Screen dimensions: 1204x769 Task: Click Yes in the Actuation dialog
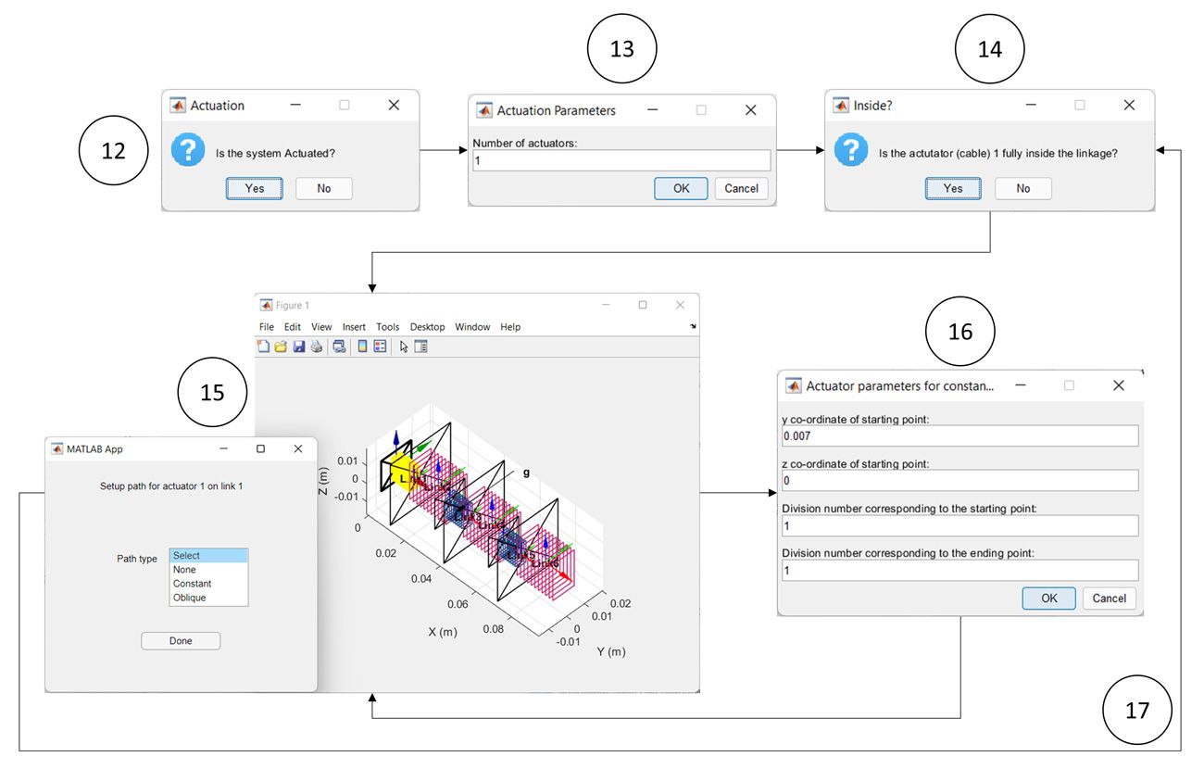tap(254, 188)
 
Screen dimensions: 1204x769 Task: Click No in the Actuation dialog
tap(323, 188)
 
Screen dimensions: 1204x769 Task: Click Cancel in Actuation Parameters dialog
tap(741, 188)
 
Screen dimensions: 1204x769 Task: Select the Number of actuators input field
tap(621, 161)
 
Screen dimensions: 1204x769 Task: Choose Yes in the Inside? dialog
tap(953, 188)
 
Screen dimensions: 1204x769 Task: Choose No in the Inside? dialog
tap(1022, 188)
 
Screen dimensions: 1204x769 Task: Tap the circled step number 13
tap(621, 48)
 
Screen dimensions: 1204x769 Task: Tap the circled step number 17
tap(1136, 711)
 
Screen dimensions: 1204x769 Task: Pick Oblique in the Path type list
tap(189, 598)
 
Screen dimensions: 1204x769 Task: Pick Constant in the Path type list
tap(192, 584)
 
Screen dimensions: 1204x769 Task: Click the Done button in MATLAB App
tap(181, 641)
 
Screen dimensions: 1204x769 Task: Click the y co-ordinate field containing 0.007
tap(959, 435)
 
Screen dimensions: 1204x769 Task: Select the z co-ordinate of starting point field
tap(959, 480)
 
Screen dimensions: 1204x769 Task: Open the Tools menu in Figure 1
tap(387, 327)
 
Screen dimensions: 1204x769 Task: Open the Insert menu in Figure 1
tap(354, 327)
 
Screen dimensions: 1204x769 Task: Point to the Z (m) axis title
tap(323, 480)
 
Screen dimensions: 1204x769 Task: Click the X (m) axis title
tap(444, 631)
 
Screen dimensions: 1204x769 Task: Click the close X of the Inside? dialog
tap(1128, 106)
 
